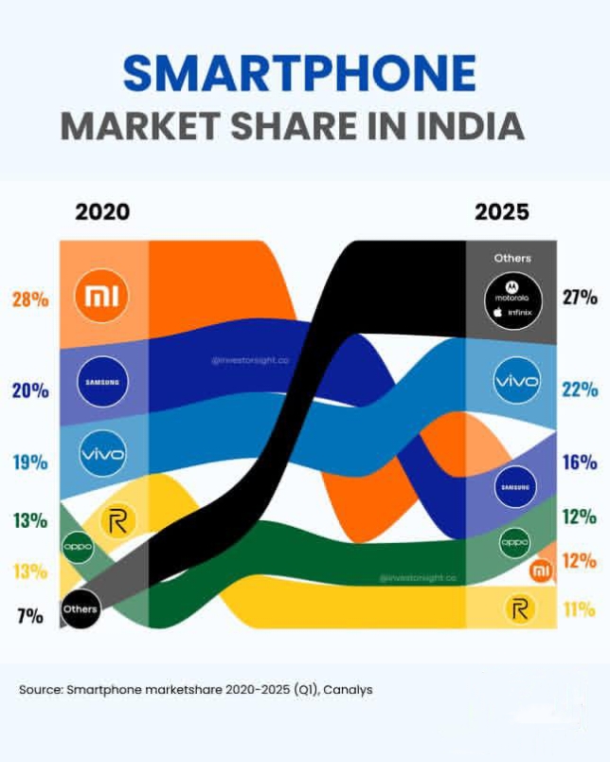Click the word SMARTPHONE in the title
point(300,75)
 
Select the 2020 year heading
point(102,211)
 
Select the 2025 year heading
point(502,211)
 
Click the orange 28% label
point(29,300)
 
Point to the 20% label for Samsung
point(29,390)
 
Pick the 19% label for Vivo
point(29,463)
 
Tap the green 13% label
point(29,520)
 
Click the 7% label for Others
point(29,617)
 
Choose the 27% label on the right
point(579,298)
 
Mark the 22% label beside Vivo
point(579,390)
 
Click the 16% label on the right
point(579,463)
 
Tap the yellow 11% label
point(579,609)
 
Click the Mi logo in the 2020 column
point(101,298)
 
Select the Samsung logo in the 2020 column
point(101,382)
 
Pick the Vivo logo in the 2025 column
point(516,382)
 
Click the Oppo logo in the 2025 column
point(514,543)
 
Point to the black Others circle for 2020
point(80,608)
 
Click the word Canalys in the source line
point(348,690)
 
